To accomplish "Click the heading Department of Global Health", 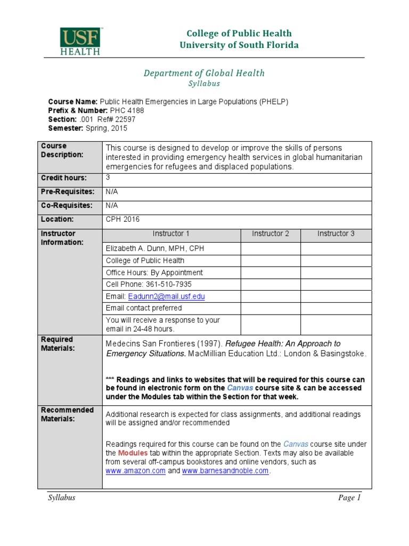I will click(x=203, y=73).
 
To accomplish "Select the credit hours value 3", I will click(x=108, y=178).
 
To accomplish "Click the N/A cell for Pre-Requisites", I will click(x=111, y=191).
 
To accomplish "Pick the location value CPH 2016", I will click(x=122, y=219).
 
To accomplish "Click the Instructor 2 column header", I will click(x=271, y=234).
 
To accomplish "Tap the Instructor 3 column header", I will click(x=336, y=234).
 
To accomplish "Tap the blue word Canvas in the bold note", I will click(x=240, y=388).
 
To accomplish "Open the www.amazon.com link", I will click(x=135, y=471).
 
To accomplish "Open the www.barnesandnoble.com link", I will click(x=225, y=471).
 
